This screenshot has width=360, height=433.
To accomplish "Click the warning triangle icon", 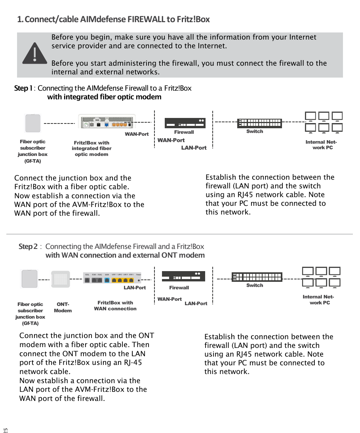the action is (x=34, y=53).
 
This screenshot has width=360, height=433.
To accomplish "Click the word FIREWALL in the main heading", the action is (x=146, y=19).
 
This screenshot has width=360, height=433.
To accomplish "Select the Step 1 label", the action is (x=23, y=88).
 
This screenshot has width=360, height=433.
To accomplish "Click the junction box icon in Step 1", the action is (x=33, y=123).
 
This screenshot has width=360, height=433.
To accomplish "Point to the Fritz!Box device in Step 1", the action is (x=107, y=122).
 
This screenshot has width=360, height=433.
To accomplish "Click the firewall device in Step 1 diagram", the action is (x=185, y=123).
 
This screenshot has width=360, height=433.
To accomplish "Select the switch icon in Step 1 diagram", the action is (x=259, y=123).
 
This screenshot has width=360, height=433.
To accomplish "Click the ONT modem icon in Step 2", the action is (x=61, y=279).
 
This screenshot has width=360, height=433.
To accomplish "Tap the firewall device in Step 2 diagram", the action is (x=183, y=276).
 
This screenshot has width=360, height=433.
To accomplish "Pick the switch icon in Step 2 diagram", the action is (x=257, y=277).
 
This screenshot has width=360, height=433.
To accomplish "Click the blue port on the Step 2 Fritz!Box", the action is (x=107, y=280).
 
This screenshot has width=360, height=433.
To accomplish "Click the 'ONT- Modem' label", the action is (x=63, y=308).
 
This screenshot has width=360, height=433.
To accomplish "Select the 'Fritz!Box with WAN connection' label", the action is (x=115, y=306).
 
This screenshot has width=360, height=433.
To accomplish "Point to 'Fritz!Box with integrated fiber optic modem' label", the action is (x=91, y=148).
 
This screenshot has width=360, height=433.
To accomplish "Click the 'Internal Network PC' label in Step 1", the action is (x=321, y=145).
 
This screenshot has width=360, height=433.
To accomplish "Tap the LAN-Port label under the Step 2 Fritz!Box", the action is (x=135, y=287).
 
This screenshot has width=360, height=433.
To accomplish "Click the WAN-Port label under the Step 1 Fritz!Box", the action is (x=137, y=134).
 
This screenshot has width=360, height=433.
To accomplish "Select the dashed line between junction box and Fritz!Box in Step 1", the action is (x=59, y=123).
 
